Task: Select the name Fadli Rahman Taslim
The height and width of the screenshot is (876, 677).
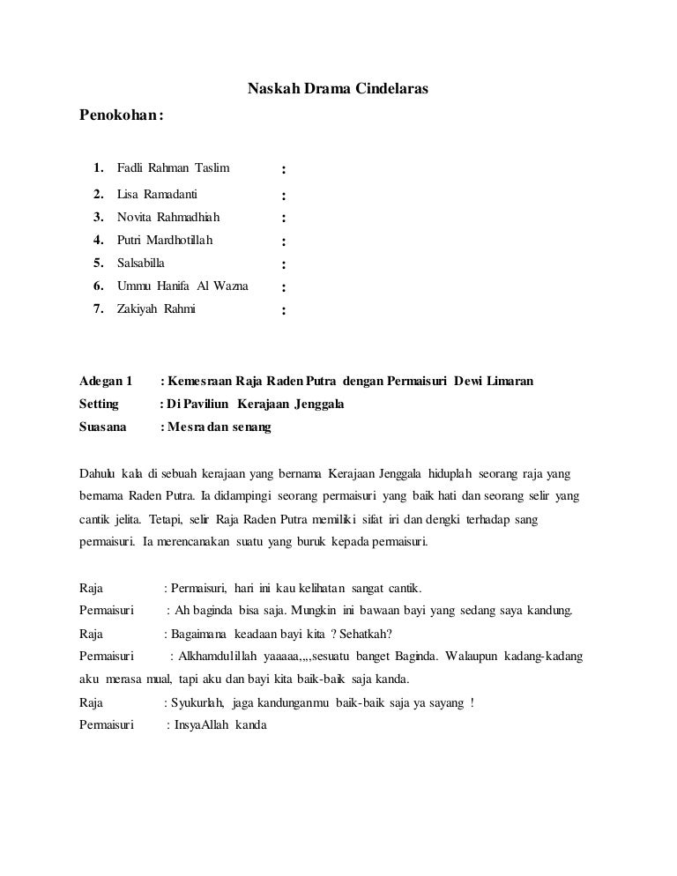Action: coord(173,167)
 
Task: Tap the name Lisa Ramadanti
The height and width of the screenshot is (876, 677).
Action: coord(157,195)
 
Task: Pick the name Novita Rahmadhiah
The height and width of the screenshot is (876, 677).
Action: coord(167,217)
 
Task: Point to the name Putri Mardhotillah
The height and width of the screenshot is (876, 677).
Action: coord(165,240)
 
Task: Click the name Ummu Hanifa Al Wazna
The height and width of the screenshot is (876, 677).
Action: coord(182,286)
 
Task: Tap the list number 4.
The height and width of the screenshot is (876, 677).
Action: coord(98,240)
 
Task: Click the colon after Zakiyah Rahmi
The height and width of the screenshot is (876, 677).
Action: coord(282,310)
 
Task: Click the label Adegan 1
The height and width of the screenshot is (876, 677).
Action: coord(106,382)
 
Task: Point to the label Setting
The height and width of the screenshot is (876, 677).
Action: coord(99,405)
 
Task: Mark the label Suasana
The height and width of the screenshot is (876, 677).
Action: coord(103,427)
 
